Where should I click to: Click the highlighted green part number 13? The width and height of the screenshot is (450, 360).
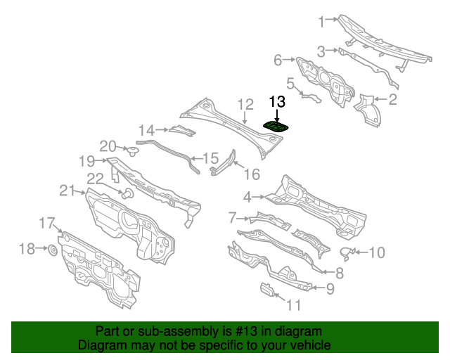(278, 126)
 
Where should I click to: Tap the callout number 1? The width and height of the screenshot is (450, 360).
(322, 22)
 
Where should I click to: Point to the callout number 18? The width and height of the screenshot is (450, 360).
(26, 248)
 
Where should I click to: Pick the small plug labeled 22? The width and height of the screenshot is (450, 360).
(128, 193)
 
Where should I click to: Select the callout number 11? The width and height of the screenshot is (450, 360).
(293, 304)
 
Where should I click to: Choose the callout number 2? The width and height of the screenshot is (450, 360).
(392, 100)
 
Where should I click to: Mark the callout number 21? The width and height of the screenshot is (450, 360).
(67, 190)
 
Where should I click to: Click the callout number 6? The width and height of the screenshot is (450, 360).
(278, 60)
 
